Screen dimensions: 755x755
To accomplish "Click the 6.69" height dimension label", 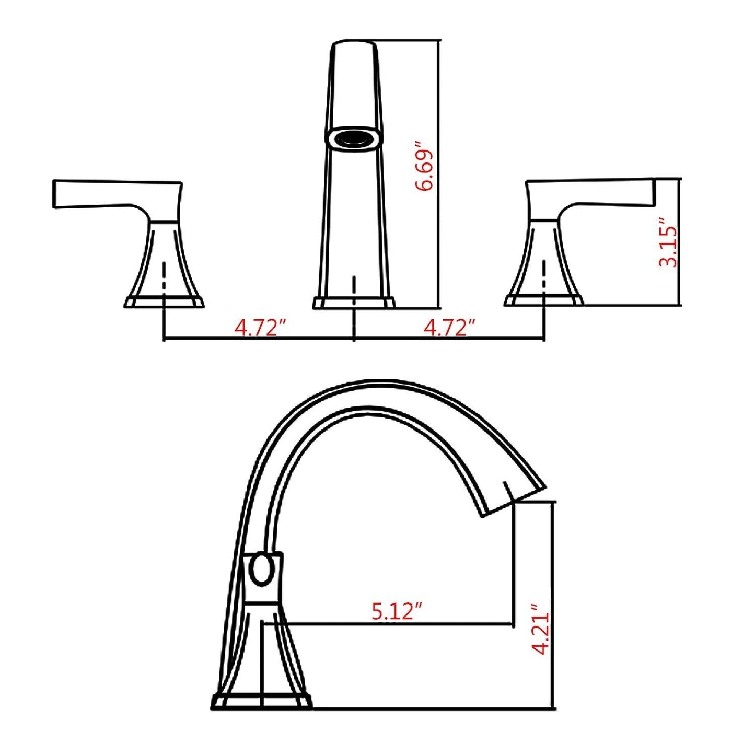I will click(424, 166).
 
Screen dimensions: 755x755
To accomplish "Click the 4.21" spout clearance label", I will click(540, 630).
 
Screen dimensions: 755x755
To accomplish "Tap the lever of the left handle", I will click(104, 194).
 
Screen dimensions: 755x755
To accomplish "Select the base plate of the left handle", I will click(164, 302).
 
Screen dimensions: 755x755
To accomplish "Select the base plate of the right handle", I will click(544, 300).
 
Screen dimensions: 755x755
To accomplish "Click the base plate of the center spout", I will click(354, 303).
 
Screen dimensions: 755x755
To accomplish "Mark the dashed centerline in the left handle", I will click(165, 277).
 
